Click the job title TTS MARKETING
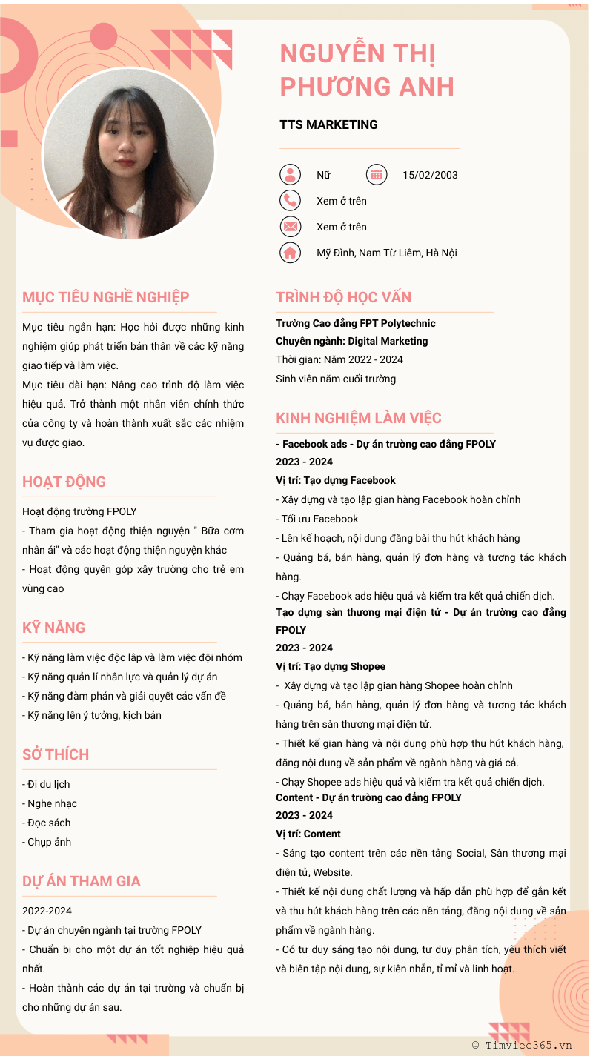coord(328,124)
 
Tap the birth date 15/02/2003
coord(430,175)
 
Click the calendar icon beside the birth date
coord(377,175)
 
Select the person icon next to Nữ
coord(290,175)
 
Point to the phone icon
coord(290,201)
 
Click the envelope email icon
coord(290,227)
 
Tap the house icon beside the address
coord(290,253)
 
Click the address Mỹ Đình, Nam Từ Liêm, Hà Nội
coord(386,253)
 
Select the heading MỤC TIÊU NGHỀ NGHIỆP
coord(106,297)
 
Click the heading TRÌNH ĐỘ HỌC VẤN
coord(343,297)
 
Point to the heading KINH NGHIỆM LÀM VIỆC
coord(358,418)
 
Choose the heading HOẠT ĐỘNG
coord(64,482)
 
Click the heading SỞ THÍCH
coord(56,754)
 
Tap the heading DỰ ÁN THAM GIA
coord(82,881)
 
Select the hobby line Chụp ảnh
coord(47,842)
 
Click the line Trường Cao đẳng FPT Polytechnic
coord(356,323)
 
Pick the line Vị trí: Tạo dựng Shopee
coord(331,666)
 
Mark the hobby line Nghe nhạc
coord(50,803)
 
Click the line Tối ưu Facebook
coord(317,519)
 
